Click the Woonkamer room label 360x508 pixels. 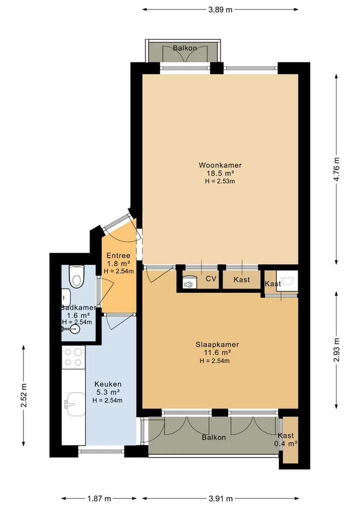[x=220, y=165]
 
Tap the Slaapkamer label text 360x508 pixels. [x=217, y=345]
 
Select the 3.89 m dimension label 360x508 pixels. [x=220, y=9]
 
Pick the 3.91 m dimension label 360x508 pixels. [x=220, y=499]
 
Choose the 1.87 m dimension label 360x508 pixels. [x=99, y=499]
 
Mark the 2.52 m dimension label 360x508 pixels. [x=23, y=395]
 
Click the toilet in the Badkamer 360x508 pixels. [x=76, y=276]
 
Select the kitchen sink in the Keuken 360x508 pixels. [x=75, y=404]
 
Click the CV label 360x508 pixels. [x=211, y=279]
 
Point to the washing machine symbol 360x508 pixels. [x=286, y=280]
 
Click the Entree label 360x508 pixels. [x=118, y=256]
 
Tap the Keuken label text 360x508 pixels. [x=108, y=384]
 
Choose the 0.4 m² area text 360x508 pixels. [x=286, y=444]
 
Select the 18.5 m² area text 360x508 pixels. [x=220, y=173]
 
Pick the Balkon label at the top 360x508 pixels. [x=185, y=48]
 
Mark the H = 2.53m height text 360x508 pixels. [x=220, y=181]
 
